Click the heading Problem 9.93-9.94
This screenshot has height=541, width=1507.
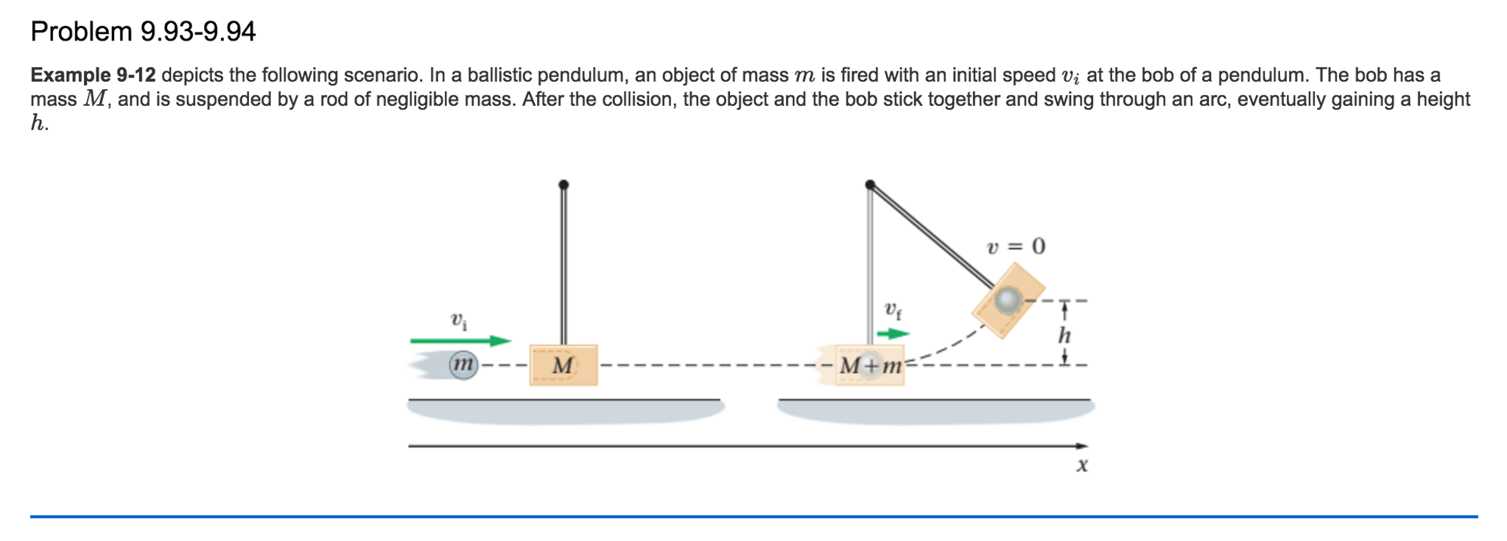coord(143,32)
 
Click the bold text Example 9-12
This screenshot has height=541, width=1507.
coord(93,75)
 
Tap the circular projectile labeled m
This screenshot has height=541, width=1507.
coord(463,364)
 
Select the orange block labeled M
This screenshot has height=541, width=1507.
coord(563,365)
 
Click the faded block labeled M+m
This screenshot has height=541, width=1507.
coord(870,365)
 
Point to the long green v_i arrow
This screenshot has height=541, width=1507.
coord(460,341)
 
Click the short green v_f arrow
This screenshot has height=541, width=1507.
coord(893,334)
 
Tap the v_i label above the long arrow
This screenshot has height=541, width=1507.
coord(458,321)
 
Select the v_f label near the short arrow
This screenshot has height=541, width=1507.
coord(893,310)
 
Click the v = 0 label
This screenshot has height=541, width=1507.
coord(1016,246)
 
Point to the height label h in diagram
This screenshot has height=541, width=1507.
coord(1064,336)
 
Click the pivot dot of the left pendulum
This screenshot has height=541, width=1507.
coord(563,185)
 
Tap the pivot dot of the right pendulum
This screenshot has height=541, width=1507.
coord(870,185)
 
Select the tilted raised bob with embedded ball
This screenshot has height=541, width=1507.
coord(1008,300)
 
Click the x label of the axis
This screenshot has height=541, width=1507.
coord(1081,465)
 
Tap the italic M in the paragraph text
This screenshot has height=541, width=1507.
coord(94,99)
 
